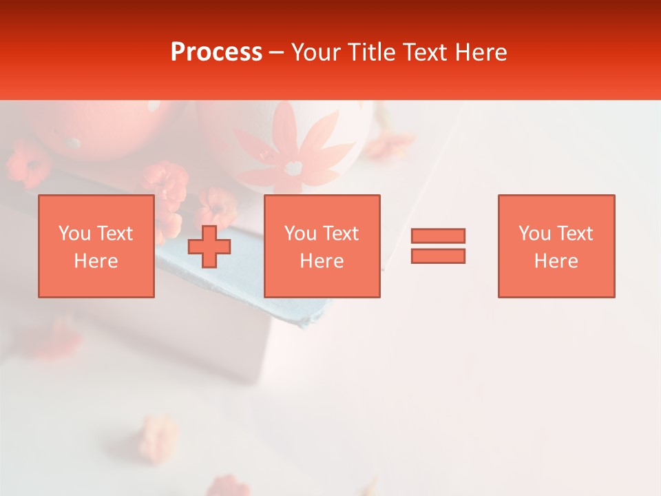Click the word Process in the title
click(216, 52)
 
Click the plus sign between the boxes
click(209, 247)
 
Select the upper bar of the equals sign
click(438, 236)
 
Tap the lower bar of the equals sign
click(438, 256)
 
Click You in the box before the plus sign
click(74, 234)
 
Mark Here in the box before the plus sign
click(96, 261)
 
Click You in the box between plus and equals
click(300, 234)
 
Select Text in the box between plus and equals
click(339, 234)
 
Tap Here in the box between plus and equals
click(322, 261)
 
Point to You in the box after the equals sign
click(534, 234)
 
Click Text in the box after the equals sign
click(574, 234)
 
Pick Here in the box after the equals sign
click(556, 261)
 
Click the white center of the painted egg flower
click(294, 167)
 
